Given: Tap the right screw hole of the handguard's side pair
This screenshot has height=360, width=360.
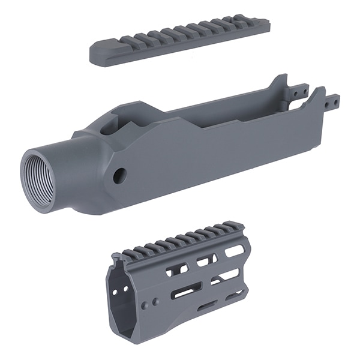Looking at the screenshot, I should click(157, 300).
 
